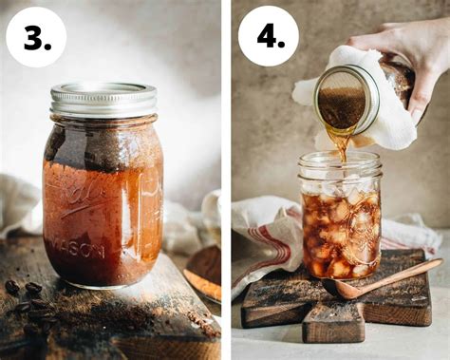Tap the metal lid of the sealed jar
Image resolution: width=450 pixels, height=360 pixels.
103,100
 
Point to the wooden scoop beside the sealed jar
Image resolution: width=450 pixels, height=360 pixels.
202,274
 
